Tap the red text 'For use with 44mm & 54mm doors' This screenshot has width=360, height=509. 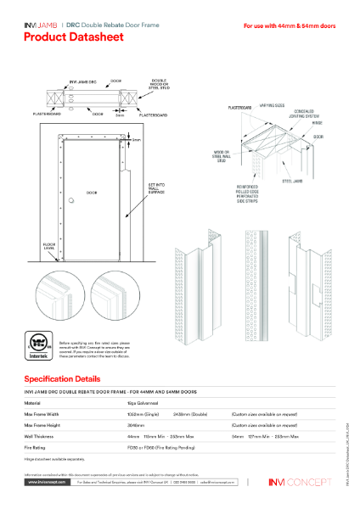pos(289,26)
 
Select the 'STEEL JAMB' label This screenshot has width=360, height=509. pos(316,178)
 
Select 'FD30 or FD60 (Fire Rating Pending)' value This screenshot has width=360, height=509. pos(158,446)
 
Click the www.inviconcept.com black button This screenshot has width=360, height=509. pos(43,481)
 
